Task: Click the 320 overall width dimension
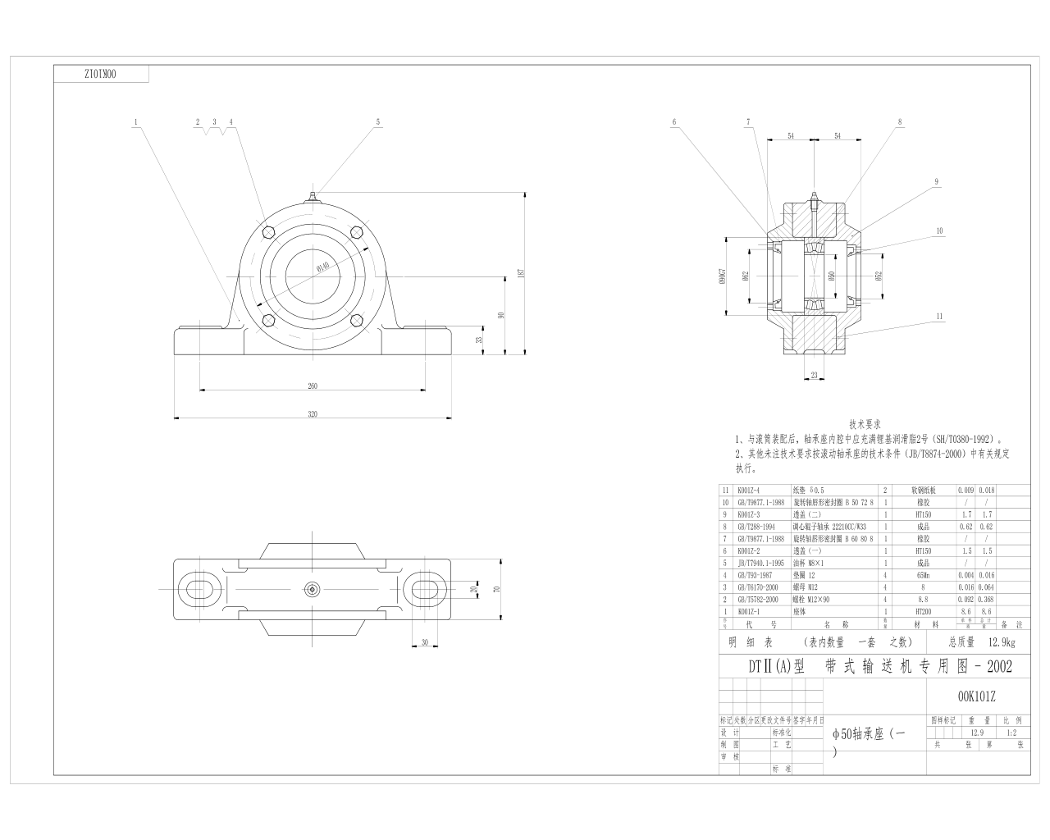click(x=312, y=414)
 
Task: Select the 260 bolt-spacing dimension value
click(x=312, y=386)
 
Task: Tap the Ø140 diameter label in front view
click(x=322, y=267)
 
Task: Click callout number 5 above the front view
click(x=378, y=121)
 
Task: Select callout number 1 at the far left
click(x=135, y=121)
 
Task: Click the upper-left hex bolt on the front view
click(x=267, y=231)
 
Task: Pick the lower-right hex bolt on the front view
click(x=357, y=321)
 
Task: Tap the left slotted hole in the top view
click(x=199, y=589)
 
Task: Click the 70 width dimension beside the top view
click(x=496, y=589)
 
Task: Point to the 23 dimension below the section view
click(x=814, y=375)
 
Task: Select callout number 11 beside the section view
click(x=939, y=315)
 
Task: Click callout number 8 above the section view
click(x=900, y=121)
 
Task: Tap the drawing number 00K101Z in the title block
click(x=976, y=696)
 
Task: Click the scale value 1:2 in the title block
click(x=1011, y=733)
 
